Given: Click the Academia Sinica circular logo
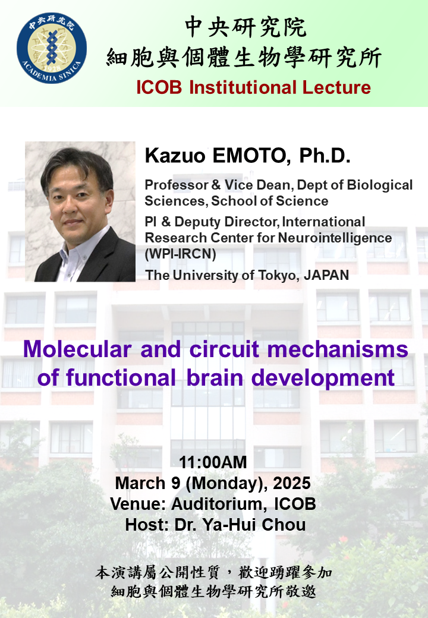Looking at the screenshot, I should coord(52,49).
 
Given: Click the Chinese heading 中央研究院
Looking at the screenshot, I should coord(246,27).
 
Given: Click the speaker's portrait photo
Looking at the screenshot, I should coord(80,212).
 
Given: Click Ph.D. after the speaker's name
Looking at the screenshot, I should coord(325,157).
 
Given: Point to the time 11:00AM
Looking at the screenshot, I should coord(213,462).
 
